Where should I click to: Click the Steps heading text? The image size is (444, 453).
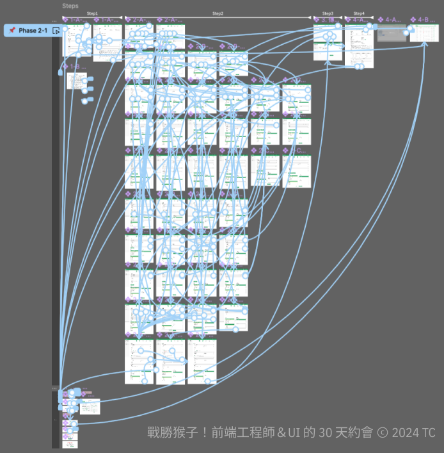pos(70,6)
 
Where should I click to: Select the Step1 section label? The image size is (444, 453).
pos(92,13)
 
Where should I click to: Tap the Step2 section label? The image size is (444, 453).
pos(218,13)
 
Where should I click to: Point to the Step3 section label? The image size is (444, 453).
pos(328,13)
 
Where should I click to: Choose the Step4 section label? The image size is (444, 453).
pos(359,13)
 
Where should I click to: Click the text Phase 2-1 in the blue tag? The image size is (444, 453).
pos(33,31)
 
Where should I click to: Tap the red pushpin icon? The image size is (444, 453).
pos(12,31)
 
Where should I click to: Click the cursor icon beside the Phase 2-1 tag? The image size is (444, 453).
pos(56,31)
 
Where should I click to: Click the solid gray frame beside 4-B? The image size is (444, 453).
pos(392,33)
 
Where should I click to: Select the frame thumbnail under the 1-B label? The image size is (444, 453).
pos(77,81)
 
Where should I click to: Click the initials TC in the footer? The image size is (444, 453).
pos(429,432)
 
